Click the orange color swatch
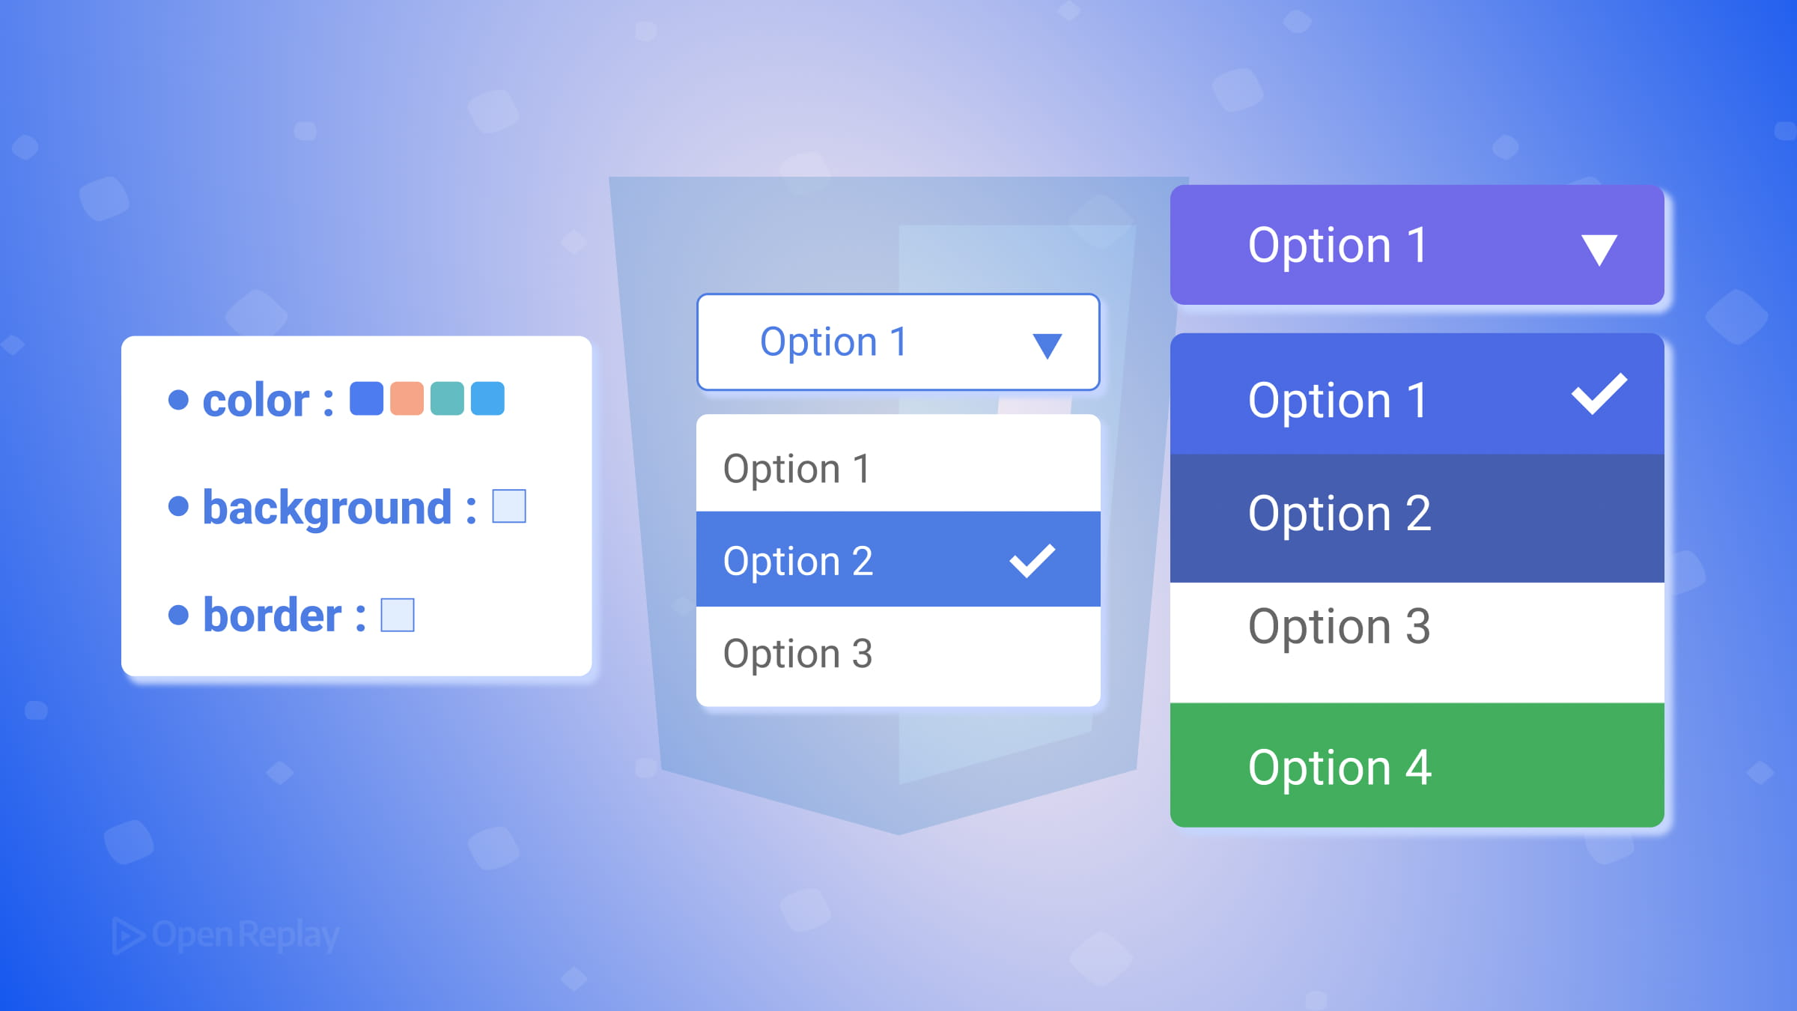pyautogui.click(x=407, y=398)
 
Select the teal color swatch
pyautogui.click(x=447, y=398)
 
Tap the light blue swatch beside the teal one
pyautogui.click(x=487, y=398)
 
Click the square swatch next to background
pyautogui.click(x=509, y=506)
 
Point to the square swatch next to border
pyautogui.click(x=398, y=615)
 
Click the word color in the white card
pyautogui.click(x=255, y=401)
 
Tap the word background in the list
pyautogui.click(x=327, y=508)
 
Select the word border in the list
pyautogui.click(x=273, y=616)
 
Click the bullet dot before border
pyautogui.click(x=178, y=615)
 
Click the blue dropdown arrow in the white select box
pyautogui.click(x=1047, y=345)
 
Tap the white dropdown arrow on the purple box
pyautogui.click(x=1599, y=249)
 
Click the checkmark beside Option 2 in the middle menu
pyautogui.click(x=1032, y=561)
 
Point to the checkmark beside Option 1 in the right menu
pyautogui.click(x=1599, y=394)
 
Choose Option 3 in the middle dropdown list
pyautogui.click(x=798, y=654)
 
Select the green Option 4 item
pyautogui.click(x=1340, y=768)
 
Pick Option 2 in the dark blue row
pyautogui.click(x=1340, y=514)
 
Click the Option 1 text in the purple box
pyautogui.click(x=1338, y=245)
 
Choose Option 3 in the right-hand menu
pyautogui.click(x=1340, y=626)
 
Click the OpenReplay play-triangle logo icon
pyautogui.click(x=128, y=935)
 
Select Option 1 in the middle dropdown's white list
pyautogui.click(x=797, y=470)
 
